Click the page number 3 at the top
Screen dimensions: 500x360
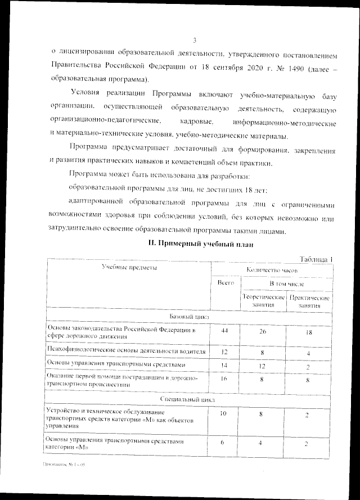[193, 40]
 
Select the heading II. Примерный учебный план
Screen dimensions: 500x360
[196, 245]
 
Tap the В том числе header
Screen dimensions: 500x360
[287, 285]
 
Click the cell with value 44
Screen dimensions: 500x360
[225, 331]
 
